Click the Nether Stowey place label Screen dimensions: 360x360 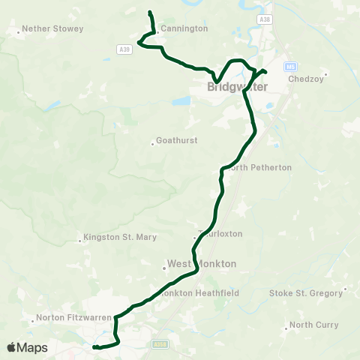[x=52, y=28]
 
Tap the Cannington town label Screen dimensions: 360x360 [x=184, y=28]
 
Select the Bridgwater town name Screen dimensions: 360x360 [x=232, y=88]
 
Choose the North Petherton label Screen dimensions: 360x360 [x=260, y=167]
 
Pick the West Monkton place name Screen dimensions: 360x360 [x=201, y=264]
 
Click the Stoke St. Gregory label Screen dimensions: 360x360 [x=310, y=292]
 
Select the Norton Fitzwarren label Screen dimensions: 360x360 [x=76, y=318]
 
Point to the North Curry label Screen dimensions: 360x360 [x=313, y=325]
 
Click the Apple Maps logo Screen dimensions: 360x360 [x=27, y=347]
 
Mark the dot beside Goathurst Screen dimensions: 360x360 [x=153, y=141]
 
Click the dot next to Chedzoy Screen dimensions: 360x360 [x=325, y=74]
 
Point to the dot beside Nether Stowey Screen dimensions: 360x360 [x=18, y=31]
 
